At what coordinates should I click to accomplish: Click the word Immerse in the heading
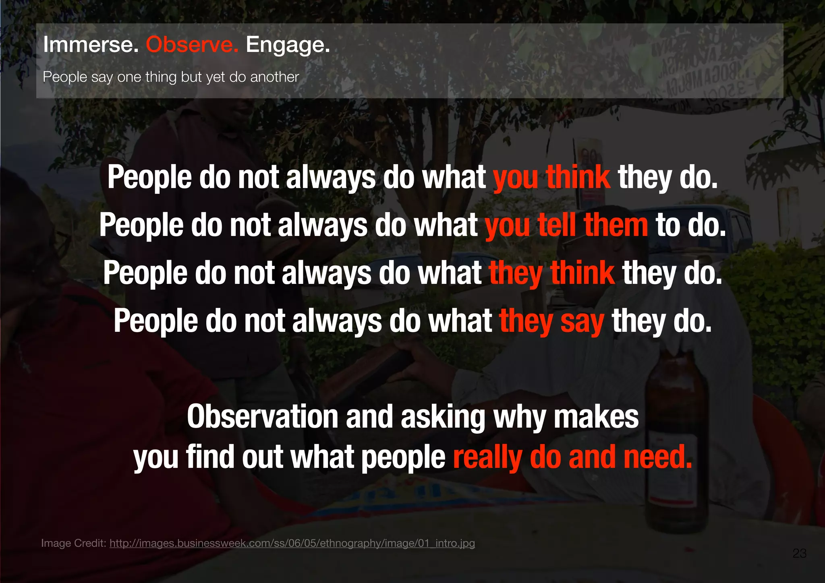[91, 44]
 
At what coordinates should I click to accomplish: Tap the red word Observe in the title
[192, 44]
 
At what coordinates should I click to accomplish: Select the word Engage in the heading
[288, 45]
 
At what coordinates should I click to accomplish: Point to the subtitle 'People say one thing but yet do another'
[171, 77]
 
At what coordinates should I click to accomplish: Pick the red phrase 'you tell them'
[566, 225]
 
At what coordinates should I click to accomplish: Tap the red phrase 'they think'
[552, 273]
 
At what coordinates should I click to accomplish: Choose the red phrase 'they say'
[552, 321]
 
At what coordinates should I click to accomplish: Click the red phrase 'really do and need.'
[572, 457]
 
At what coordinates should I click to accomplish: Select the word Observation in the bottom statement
[262, 417]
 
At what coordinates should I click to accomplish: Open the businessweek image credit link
[292, 544]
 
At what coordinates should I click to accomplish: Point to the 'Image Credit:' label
[74, 544]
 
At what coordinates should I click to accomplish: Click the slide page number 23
[799, 554]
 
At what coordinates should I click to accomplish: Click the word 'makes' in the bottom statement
[596, 417]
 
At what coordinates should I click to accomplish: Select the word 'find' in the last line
[210, 457]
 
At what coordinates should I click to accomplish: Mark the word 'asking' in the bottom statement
[443, 418]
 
